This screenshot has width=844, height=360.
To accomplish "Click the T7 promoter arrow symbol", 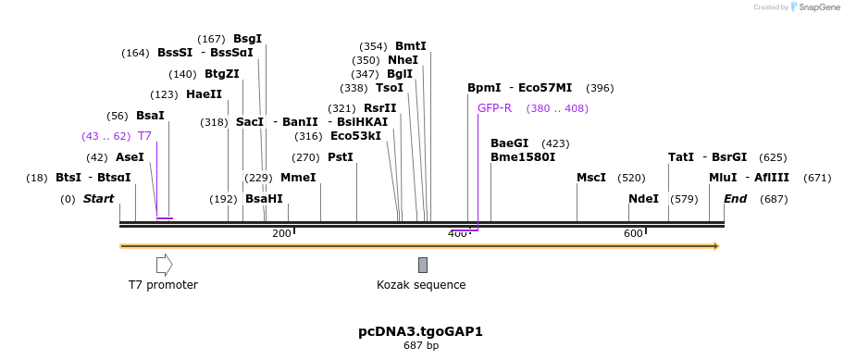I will click(x=164, y=265).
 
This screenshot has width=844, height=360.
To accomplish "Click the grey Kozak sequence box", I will click(x=423, y=265).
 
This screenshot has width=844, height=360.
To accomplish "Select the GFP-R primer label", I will click(x=494, y=108).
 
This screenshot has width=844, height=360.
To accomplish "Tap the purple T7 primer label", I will click(x=144, y=136).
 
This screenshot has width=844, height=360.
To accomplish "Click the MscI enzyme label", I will click(x=591, y=178).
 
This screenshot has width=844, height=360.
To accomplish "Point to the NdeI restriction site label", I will click(x=643, y=199).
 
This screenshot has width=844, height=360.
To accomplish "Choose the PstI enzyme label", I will click(x=341, y=157).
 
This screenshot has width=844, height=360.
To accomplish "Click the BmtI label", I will click(x=411, y=46).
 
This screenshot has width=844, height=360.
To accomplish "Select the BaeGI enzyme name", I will click(x=510, y=143).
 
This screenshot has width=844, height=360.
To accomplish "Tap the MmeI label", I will click(x=298, y=178).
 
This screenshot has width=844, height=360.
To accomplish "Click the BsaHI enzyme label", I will click(x=264, y=199).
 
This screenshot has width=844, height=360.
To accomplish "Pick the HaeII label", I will click(x=204, y=94).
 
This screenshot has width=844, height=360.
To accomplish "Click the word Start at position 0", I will click(x=99, y=199).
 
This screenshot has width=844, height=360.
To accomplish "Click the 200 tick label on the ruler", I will click(x=281, y=233).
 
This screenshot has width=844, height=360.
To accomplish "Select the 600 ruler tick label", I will click(x=633, y=233).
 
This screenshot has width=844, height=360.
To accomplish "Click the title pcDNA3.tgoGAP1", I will click(x=421, y=331).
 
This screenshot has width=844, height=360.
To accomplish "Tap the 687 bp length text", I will click(x=421, y=346).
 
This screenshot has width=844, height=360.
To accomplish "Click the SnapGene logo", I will click(x=813, y=7).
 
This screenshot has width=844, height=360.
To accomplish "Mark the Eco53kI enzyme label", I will click(x=355, y=136).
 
